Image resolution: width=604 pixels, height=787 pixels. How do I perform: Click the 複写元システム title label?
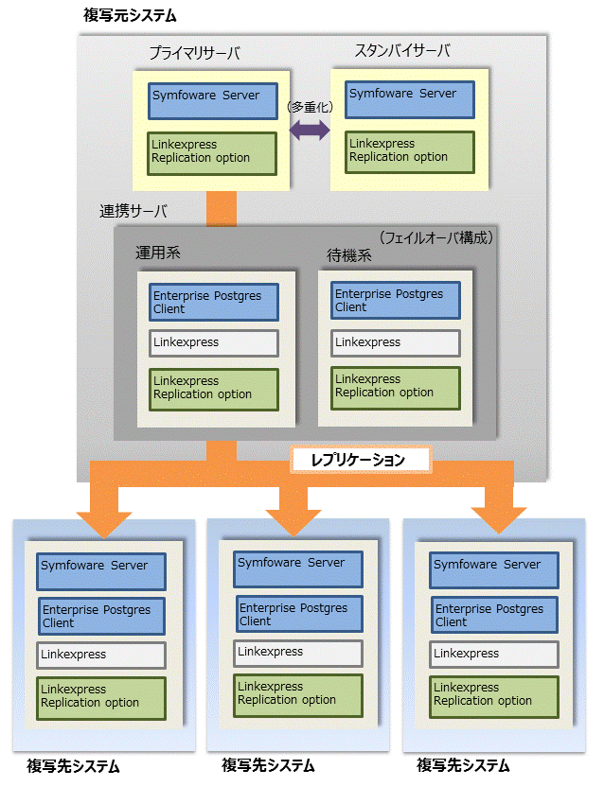(130, 16)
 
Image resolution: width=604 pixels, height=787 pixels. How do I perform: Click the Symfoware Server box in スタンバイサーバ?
(409, 99)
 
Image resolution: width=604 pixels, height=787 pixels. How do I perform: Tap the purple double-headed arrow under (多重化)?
(309, 131)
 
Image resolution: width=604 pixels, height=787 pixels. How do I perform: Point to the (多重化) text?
(310, 108)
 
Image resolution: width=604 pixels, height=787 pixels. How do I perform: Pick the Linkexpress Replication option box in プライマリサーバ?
(213, 152)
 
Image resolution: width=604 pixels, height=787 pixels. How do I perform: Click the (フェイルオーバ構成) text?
(435, 237)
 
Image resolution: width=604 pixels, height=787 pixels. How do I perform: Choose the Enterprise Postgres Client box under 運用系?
(215, 302)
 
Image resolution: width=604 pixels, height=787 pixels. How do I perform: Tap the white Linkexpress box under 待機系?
(396, 342)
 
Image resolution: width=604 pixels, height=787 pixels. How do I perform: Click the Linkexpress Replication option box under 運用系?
(215, 389)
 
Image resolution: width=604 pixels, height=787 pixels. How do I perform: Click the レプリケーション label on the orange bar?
(360, 461)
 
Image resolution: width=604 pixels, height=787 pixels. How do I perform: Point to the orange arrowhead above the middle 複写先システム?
(286, 518)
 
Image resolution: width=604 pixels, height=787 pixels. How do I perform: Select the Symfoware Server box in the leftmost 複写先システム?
(102, 571)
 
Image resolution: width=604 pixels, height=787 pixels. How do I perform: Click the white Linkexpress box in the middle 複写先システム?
(298, 653)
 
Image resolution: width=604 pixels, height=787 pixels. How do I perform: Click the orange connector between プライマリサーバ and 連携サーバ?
(221, 208)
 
